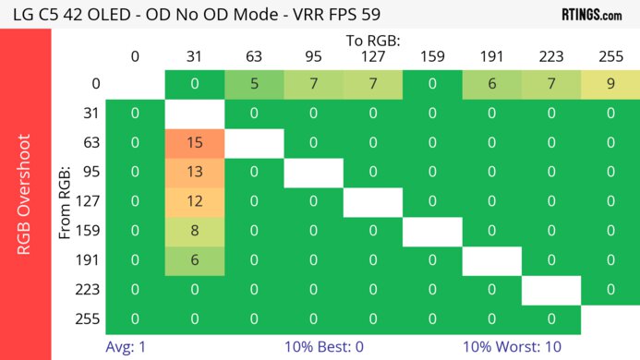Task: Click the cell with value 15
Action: click(194, 143)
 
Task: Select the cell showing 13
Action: click(194, 173)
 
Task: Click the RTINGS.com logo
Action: click(591, 14)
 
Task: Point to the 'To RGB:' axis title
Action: click(372, 41)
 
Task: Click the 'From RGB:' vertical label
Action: click(66, 202)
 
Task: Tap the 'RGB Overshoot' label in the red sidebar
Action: click(25, 194)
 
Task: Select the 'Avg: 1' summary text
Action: click(127, 347)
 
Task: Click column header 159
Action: click(431, 56)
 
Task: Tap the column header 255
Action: click(610, 56)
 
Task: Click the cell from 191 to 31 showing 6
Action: click(194, 261)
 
